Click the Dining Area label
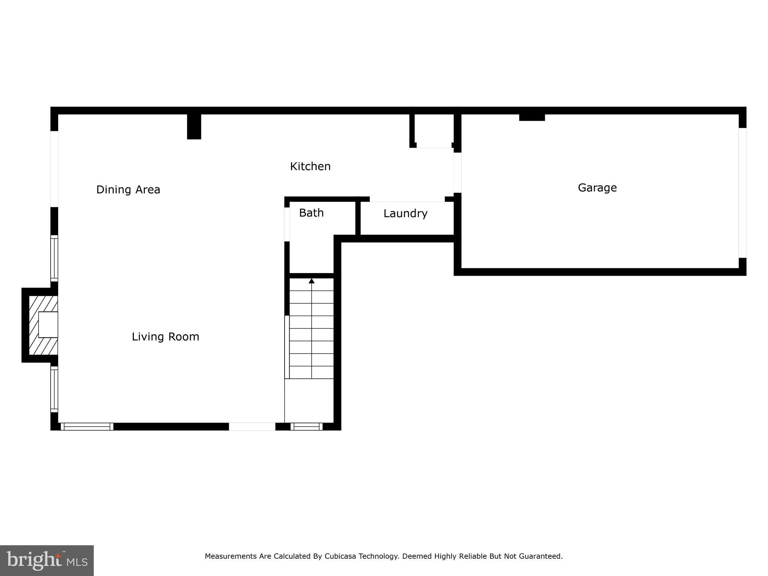click(128, 190)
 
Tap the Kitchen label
click(310, 166)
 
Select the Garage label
click(597, 187)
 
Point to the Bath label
click(311, 213)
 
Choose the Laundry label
click(405, 214)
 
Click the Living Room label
click(165, 337)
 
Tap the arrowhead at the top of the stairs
click(311, 280)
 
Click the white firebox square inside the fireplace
click(48, 324)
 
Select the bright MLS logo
click(47, 560)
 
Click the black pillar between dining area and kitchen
click(194, 126)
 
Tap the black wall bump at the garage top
click(532, 117)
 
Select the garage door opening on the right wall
click(742, 193)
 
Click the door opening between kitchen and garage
click(457, 172)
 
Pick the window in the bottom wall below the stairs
click(306, 426)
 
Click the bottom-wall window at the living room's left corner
click(87, 426)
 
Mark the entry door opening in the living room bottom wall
click(252, 426)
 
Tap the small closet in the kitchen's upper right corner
click(434, 129)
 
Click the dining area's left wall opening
click(54, 169)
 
